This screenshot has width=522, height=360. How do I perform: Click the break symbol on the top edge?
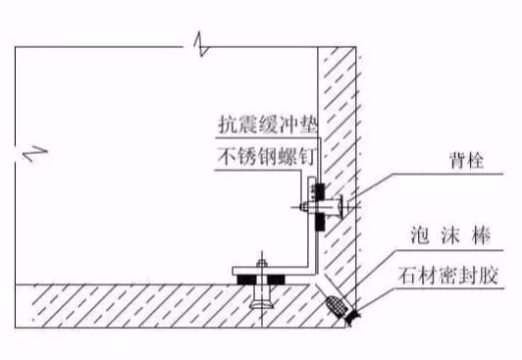coord(200,44)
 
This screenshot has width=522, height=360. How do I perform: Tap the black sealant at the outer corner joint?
coord(347,314)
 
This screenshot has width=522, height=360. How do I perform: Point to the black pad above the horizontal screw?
coord(316,187)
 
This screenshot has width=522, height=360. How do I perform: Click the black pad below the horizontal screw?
coord(316,225)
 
